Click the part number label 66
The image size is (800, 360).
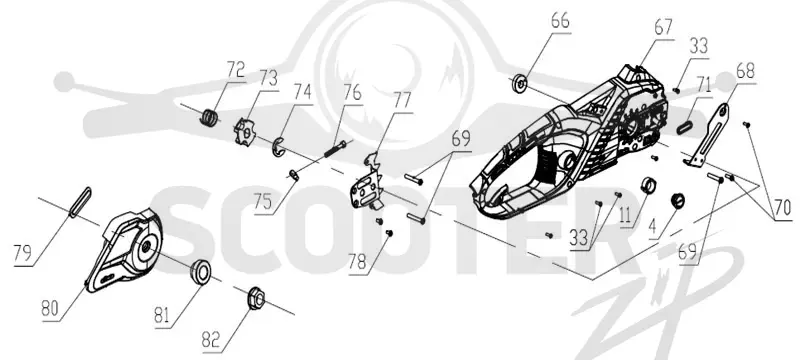coord(560,21)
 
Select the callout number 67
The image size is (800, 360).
coord(663,28)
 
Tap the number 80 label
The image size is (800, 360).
coord(51,310)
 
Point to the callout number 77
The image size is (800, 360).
coord(402,101)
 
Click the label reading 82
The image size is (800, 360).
coord(212,340)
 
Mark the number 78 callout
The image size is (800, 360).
coord(358,263)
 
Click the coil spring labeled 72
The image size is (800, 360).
coord(208,117)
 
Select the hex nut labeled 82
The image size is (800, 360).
coord(256,298)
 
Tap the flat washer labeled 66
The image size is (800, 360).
coord(519,82)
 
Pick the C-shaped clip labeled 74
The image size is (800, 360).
coord(276,147)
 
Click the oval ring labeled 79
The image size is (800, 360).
coord(80,202)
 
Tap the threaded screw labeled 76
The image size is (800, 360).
coord(335,150)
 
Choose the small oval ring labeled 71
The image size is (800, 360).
coord(684,127)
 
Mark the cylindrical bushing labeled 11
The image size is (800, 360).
coord(648,185)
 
